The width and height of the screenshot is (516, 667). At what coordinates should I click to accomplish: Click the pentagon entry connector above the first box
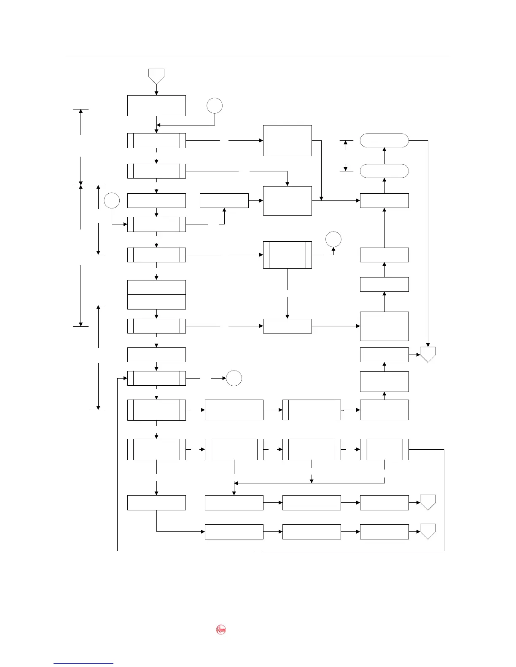156,76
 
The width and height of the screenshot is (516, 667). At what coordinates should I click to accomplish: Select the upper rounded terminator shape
384,141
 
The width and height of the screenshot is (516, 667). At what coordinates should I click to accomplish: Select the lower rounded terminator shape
384,171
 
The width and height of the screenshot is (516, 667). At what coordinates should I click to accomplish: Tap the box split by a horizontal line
156,294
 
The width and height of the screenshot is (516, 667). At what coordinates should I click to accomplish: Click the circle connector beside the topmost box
215,106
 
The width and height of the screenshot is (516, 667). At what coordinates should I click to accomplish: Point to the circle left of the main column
112,200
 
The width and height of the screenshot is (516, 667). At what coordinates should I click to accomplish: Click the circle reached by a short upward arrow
333,239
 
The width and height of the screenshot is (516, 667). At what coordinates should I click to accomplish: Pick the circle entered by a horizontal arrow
234,378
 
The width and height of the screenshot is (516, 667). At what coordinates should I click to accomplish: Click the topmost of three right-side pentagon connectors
428,355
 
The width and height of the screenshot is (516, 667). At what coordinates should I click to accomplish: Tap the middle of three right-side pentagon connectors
428,502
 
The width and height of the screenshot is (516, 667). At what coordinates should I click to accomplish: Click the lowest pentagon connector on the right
428,531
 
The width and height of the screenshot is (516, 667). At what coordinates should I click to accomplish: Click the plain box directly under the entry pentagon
156,105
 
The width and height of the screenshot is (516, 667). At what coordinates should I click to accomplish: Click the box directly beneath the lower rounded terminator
384,200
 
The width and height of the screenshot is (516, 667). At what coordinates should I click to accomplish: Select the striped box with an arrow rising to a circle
287,255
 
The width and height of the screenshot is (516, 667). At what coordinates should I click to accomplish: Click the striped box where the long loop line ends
156,378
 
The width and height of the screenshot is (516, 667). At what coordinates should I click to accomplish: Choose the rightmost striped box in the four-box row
384,449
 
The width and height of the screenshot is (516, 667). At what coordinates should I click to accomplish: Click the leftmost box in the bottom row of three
234,531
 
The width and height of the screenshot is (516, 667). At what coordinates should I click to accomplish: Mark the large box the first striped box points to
287,141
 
